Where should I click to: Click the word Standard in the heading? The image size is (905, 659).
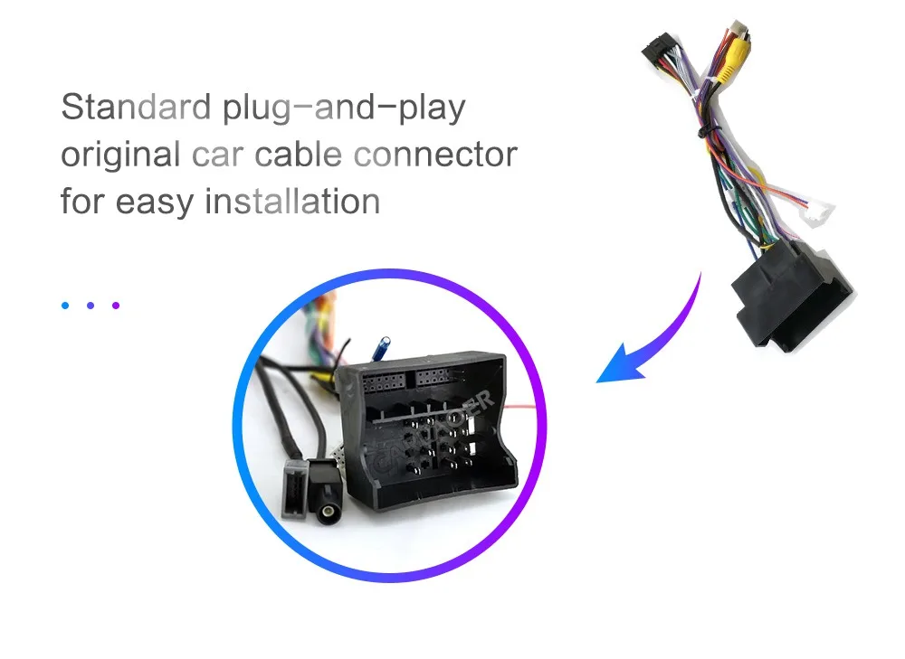click(x=135, y=107)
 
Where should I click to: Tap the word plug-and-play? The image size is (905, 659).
click(x=343, y=108)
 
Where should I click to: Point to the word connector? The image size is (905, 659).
click(x=435, y=154)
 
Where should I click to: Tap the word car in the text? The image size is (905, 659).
click(x=218, y=155)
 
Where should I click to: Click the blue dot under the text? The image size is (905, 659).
click(x=66, y=306)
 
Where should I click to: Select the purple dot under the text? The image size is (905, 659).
click(x=116, y=306)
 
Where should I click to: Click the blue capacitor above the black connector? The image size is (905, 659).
click(x=386, y=346)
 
